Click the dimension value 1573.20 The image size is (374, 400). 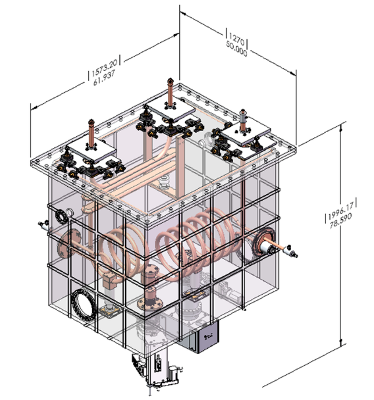click(105, 67)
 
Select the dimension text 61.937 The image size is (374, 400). click(104, 78)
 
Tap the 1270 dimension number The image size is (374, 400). click(236, 38)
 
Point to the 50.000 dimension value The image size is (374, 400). click(236, 48)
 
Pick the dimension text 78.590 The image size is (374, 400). click(340, 221)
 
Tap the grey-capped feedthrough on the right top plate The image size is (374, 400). click(242, 119)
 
